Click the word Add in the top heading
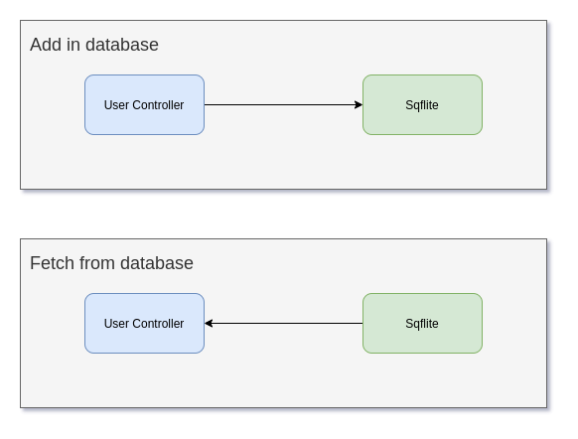(x=46, y=45)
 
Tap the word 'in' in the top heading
(x=73, y=45)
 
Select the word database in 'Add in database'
(x=122, y=45)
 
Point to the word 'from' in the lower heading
(x=97, y=263)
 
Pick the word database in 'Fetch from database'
(x=157, y=263)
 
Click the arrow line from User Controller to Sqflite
(x=278, y=104)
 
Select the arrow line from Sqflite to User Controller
(x=288, y=323)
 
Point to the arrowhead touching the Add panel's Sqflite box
(x=359, y=104)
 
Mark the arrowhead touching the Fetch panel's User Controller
(x=210, y=323)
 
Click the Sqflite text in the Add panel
(x=422, y=105)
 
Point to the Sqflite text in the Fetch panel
(x=422, y=324)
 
